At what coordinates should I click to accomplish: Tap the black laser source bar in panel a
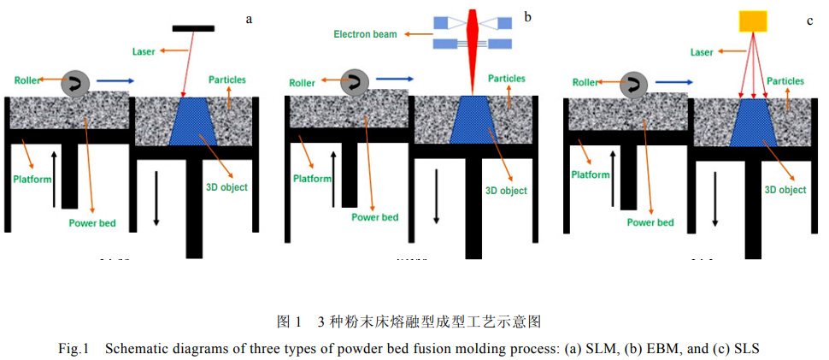point(193,29)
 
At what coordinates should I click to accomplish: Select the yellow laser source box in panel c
point(753,20)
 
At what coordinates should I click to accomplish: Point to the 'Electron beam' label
point(365,33)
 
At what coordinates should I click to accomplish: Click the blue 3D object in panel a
point(196,121)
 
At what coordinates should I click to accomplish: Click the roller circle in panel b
point(354,82)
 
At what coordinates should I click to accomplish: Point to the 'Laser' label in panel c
point(702,52)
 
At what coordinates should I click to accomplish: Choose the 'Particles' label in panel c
point(785,81)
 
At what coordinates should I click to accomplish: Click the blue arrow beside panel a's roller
point(113,81)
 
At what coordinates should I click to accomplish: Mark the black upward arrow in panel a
point(56,178)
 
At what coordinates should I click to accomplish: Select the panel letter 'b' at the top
point(527,16)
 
